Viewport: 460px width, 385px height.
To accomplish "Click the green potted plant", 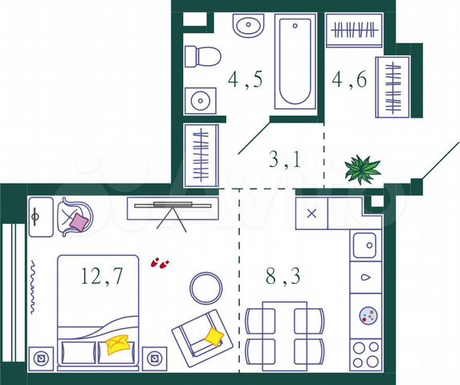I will (361, 168).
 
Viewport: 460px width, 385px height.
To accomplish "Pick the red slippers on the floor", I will (160, 263).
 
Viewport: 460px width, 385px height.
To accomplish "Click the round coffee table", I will (206, 287).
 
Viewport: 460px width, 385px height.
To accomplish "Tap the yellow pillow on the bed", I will (117, 344).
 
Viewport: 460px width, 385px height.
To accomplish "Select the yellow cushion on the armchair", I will (213, 335).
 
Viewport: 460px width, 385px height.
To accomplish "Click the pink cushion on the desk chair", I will (79, 220).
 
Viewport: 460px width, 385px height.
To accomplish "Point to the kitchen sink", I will (366, 243).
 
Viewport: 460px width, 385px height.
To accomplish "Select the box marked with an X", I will (312, 213).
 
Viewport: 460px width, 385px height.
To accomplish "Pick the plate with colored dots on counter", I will (368, 315).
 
